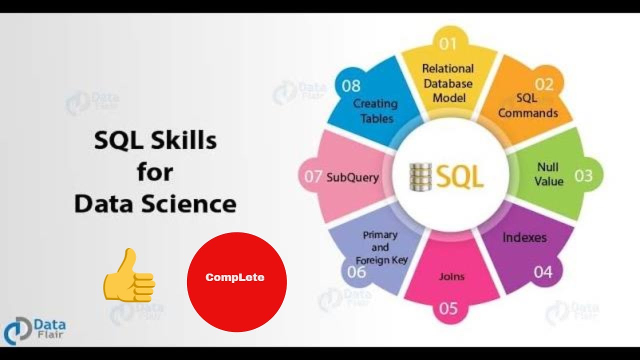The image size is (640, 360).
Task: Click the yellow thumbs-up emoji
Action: point(128,275)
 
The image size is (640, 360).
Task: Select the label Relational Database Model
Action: point(447,83)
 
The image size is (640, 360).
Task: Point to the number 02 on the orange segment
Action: point(544,84)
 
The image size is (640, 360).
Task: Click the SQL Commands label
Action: point(528,106)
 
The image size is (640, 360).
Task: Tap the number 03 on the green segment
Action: point(583,175)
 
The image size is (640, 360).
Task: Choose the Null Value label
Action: point(548,174)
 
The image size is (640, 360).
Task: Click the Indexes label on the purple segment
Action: point(524,237)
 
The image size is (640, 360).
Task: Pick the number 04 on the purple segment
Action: point(542,272)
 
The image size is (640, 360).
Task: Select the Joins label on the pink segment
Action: point(451,276)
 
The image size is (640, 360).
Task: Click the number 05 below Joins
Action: point(448,308)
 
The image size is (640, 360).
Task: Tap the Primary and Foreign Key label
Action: point(381,247)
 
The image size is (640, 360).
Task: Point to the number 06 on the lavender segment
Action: point(356,272)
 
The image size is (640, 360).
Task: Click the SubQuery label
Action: point(352,177)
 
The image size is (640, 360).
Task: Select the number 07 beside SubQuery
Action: point(313,176)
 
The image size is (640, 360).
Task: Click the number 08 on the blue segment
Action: point(351,86)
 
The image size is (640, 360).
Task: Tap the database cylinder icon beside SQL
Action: point(420,176)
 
